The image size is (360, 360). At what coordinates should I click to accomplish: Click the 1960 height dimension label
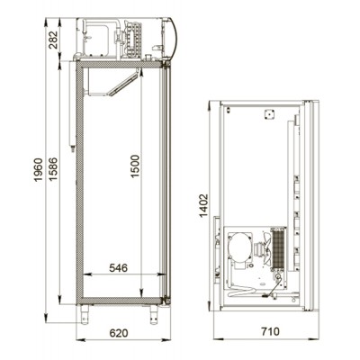(39, 169)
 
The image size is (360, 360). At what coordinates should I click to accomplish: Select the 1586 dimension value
(53, 169)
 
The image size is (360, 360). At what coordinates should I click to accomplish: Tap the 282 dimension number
(53, 40)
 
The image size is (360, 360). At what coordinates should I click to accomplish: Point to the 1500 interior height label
(135, 166)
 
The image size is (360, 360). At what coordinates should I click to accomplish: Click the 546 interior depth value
(118, 267)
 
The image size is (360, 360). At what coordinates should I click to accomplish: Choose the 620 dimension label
(119, 333)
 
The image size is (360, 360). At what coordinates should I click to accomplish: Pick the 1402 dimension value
(203, 205)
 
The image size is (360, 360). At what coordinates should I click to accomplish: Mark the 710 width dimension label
(270, 331)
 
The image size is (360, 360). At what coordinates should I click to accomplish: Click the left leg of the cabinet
(85, 314)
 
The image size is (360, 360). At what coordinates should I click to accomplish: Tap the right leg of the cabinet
(154, 315)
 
